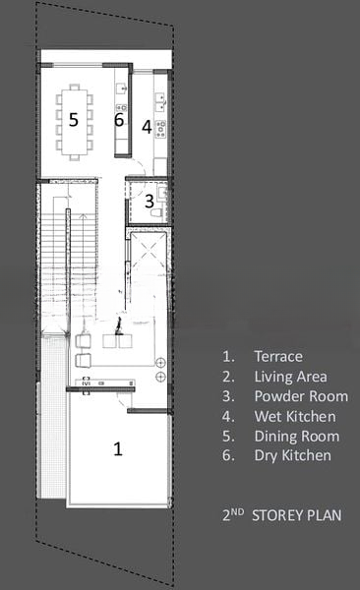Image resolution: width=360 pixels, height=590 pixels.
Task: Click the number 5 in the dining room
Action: (x=74, y=119)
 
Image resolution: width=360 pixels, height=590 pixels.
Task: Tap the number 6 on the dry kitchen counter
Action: (x=119, y=120)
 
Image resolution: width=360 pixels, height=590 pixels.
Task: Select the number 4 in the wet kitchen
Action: (x=147, y=127)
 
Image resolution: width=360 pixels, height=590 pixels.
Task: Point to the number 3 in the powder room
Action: (x=150, y=202)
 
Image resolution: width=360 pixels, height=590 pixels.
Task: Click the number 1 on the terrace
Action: (x=118, y=448)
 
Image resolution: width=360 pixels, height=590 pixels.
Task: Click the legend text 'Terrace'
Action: (x=278, y=356)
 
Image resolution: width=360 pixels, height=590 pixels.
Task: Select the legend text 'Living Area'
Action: (x=290, y=377)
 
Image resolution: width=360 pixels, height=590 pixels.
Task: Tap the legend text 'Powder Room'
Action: (x=301, y=396)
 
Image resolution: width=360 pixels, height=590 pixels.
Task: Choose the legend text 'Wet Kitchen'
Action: (x=295, y=416)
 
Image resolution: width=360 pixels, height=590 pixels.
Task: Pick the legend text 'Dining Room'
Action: (x=297, y=436)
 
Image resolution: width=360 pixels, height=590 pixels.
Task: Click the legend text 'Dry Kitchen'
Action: (x=292, y=455)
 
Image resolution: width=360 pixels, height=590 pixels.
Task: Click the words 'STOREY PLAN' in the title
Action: (x=297, y=515)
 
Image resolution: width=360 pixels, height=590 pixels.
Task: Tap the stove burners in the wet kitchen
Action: (x=160, y=129)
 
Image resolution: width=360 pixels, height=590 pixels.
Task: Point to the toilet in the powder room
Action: (x=156, y=213)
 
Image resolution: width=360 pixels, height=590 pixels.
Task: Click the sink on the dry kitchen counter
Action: (x=121, y=88)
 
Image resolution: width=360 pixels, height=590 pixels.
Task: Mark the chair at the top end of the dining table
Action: (x=75, y=87)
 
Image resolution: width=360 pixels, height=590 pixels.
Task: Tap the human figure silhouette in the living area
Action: (x=119, y=325)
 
